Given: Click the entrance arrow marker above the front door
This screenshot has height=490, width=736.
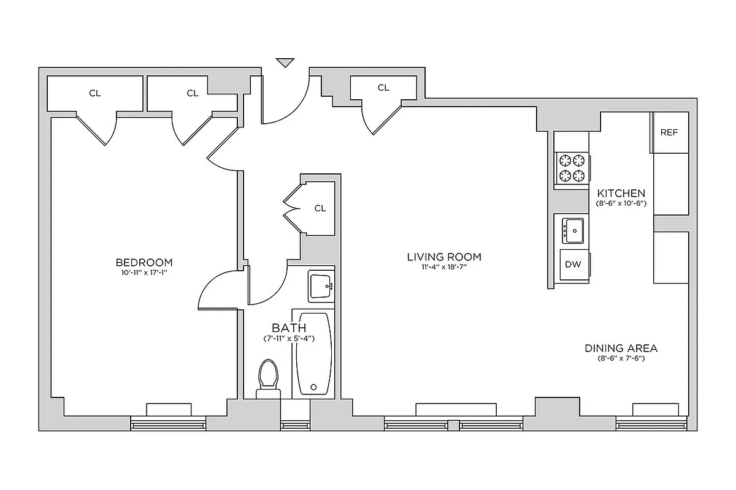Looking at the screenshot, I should pos(285,62).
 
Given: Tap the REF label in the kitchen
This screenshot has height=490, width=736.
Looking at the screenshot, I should pos(669,132).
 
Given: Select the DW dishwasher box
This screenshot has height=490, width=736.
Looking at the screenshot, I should pos(573,265).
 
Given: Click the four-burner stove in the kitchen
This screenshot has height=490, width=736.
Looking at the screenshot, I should pos(572,168).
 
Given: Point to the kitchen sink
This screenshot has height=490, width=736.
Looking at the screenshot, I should pos(573,230).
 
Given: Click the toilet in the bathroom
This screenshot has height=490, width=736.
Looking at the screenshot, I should pos(268,377).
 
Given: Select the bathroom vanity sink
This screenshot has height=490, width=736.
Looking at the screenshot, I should pos(321,285).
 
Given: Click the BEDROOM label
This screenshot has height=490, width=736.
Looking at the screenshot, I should pos(144,262).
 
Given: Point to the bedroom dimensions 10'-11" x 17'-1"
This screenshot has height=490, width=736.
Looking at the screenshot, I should pos(144,273).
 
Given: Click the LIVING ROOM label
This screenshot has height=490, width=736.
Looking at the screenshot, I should pos(444,257).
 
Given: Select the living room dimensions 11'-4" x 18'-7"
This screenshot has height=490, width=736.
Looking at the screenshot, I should pos(444,268).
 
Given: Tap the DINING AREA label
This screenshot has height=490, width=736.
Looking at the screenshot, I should pos(621,348).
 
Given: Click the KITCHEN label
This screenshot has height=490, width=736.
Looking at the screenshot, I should pos(621,192).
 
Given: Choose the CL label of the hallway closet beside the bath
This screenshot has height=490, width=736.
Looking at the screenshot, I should pos(320,208).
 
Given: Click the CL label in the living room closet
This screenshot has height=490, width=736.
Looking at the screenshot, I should pos(383,88).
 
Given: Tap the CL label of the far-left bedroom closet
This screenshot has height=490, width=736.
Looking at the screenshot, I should pos(94,93).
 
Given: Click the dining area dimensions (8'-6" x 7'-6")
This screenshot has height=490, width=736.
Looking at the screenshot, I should pos(621,358).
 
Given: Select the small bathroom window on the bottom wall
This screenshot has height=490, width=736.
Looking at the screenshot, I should pos(295,423).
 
